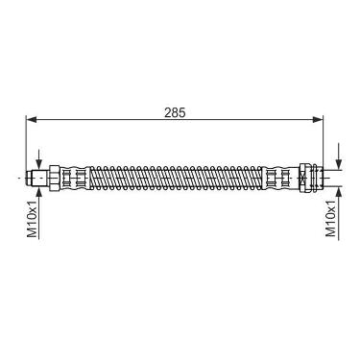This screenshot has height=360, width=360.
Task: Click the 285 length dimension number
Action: tap(175, 112)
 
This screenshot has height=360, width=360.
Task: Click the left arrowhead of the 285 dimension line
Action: tap(32, 120)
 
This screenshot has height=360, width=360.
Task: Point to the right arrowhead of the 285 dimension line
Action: tap(318, 120)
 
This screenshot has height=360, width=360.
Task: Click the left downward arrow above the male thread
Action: tap(39, 159)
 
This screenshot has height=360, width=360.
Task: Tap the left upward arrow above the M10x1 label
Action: tap(39, 214)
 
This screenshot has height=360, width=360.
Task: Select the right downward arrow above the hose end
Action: tap(339, 156)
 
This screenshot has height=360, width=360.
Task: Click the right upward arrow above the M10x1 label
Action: tap(339, 213)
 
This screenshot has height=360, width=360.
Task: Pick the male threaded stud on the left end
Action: tap(37, 177)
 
